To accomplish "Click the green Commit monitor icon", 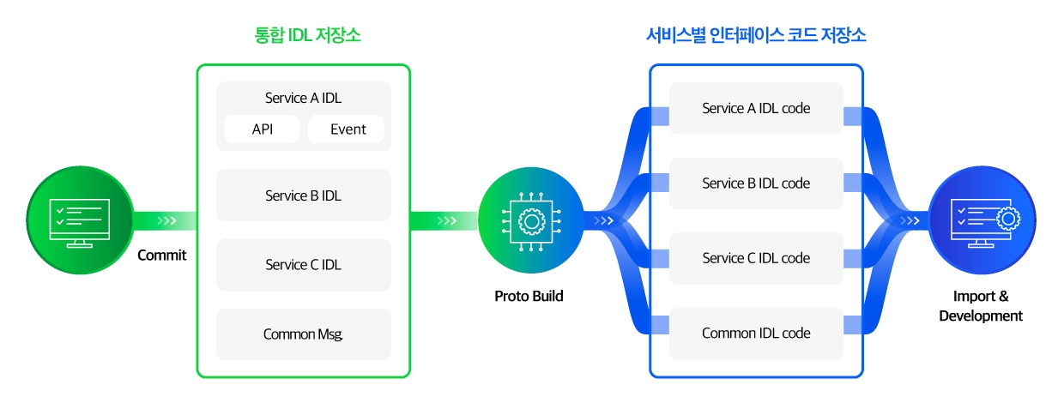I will click(80, 220).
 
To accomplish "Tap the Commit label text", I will click(161, 255).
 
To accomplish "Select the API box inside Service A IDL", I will click(263, 129).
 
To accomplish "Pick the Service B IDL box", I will click(303, 195).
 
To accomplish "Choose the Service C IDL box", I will click(303, 265).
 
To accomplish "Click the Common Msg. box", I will click(303, 334).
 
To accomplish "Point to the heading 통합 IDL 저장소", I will click(302, 35).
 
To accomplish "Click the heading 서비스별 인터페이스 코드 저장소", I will click(755, 35).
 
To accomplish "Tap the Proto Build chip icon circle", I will click(530, 220).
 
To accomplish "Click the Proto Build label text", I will click(529, 296).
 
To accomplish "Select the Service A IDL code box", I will click(756, 108).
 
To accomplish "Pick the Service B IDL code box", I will click(756, 183).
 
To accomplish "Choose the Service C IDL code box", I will click(756, 258).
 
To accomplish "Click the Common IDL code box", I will click(756, 333).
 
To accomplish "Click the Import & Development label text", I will click(981, 306).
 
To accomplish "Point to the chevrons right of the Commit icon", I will click(166, 221).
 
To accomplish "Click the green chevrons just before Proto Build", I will click(447, 221).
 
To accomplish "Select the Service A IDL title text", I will click(303, 98).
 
